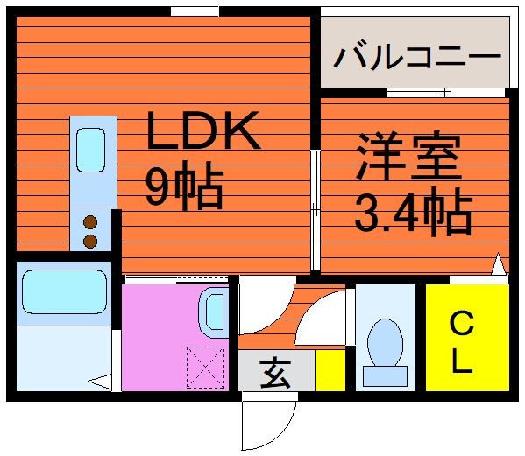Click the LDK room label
(x=203, y=130)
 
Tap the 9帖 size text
(x=184, y=186)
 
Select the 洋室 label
(x=408, y=157)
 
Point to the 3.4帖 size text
(x=413, y=212)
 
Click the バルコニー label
(x=417, y=57)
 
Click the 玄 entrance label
(x=275, y=373)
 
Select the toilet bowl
(x=385, y=342)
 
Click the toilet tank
(x=385, y=376)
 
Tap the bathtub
(x=64, y=291)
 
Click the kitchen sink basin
(x=90, y=151)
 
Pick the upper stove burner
(x=90, y=222)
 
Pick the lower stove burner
(x=90, y=241)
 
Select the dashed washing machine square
(x=206, y=368)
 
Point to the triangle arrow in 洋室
(x=499, y=264)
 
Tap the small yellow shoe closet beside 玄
(x=330, y=370)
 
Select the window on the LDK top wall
(x=195, y=11)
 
